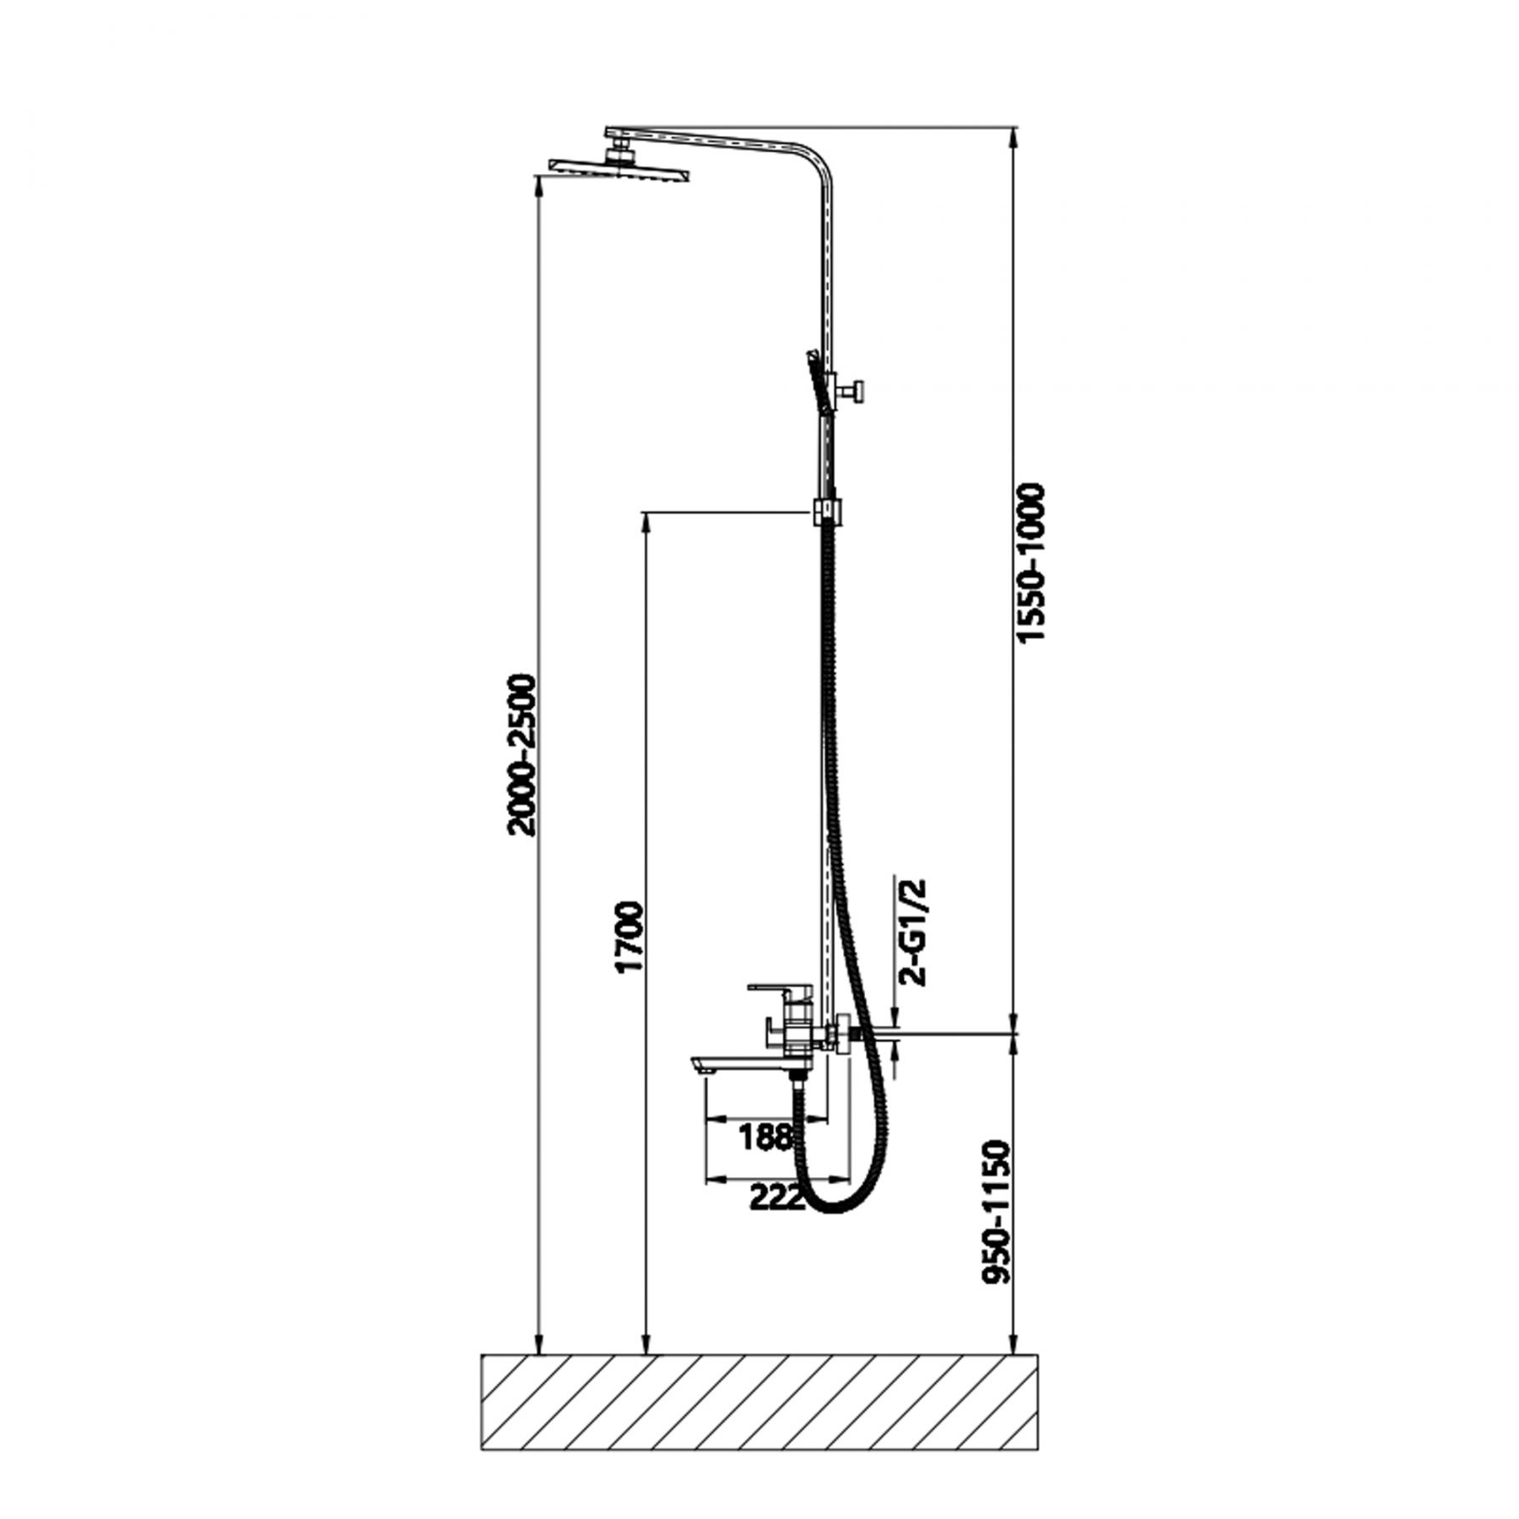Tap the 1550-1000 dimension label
tap(1031, 564)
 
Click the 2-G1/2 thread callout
tap(914, 932)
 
